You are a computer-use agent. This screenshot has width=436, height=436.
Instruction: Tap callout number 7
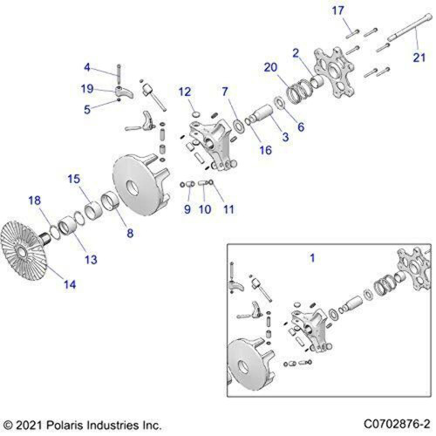[224, 92]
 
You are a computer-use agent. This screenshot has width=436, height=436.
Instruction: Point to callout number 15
[74, 179]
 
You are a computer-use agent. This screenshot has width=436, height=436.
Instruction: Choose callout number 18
[34, 200]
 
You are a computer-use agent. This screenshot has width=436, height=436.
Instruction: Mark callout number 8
[130, 233]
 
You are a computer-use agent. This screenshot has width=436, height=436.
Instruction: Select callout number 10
[203, 209]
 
